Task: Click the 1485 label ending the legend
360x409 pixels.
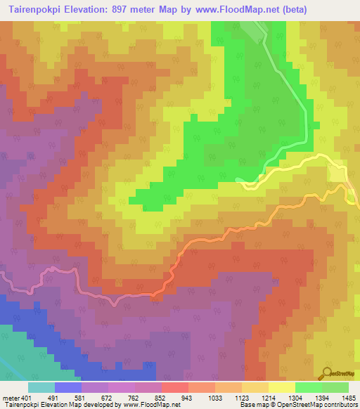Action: click(348, 397)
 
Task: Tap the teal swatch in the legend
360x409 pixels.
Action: click(41, 387)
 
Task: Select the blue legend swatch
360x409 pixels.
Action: click(68, 387)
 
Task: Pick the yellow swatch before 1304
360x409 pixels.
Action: click(282, 387)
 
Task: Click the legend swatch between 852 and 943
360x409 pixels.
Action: click(175, 387)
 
